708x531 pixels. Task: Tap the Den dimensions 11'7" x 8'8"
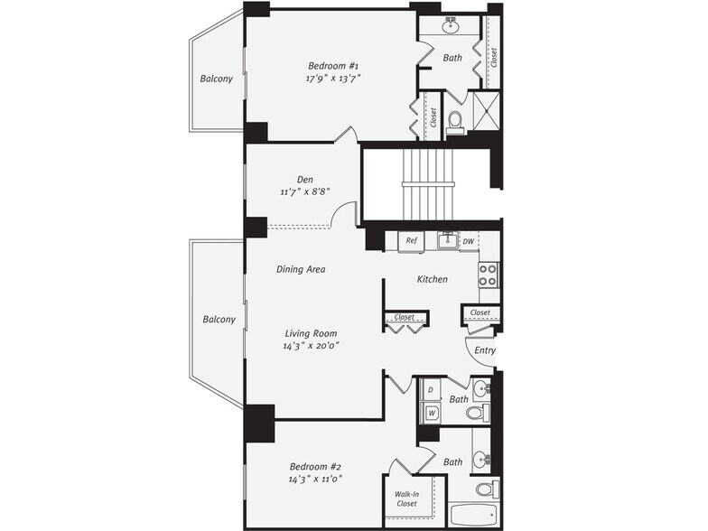305,191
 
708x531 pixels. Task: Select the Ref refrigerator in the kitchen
411,241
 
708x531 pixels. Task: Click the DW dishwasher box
468,242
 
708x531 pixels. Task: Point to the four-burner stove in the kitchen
488,275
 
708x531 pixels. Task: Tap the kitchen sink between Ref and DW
448,240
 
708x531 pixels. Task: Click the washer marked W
432,412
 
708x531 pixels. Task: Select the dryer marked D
431,390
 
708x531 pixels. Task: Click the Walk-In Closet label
406,498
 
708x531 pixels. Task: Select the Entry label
484,350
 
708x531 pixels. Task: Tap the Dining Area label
301,269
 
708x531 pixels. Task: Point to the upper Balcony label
217,79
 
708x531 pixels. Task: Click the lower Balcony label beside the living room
219,320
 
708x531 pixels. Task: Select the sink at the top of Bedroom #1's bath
450,27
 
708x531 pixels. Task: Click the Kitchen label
432,280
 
